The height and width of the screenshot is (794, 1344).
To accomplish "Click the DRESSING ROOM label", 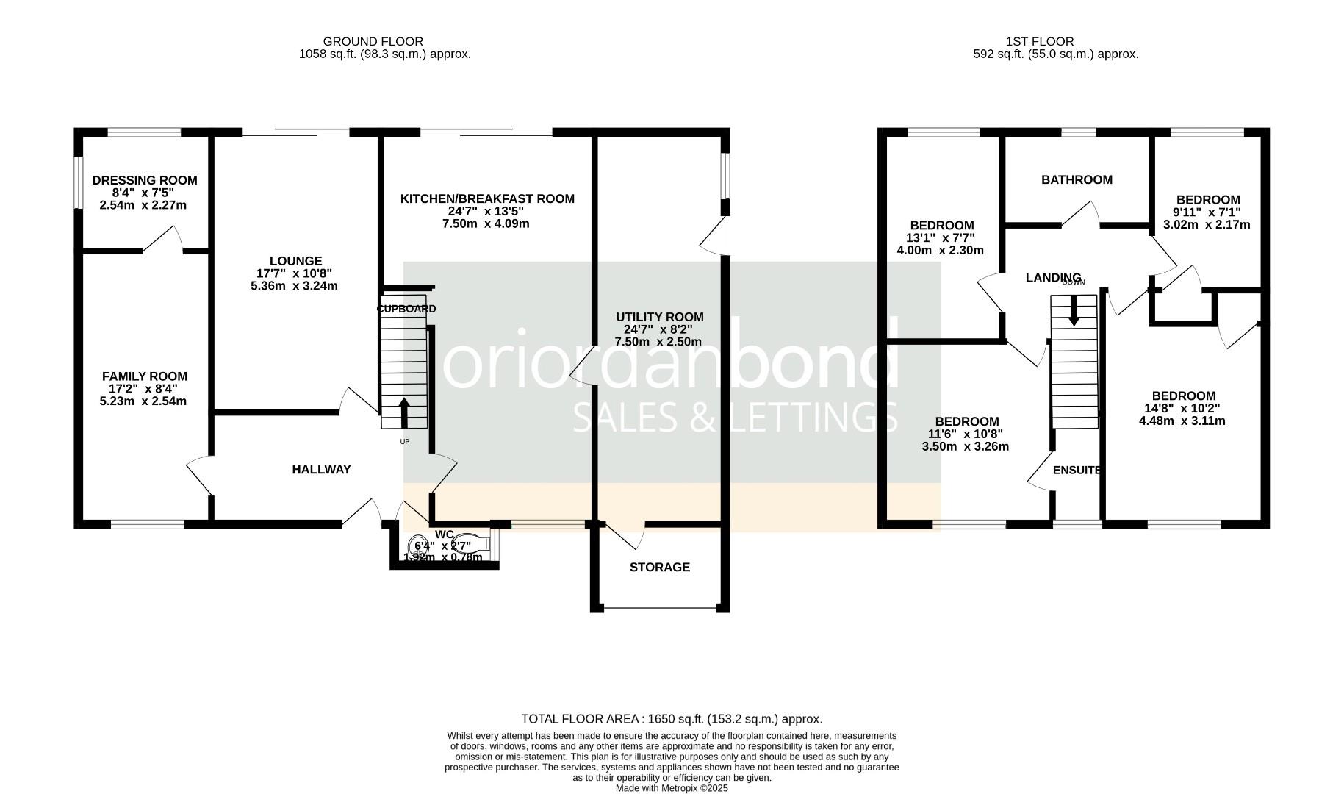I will coord(145,180).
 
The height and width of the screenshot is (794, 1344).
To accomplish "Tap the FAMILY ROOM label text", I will coord(145,376).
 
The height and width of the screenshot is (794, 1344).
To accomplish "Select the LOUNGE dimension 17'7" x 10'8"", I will coord(294,273).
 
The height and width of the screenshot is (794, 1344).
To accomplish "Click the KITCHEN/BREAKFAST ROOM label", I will coord(487,198).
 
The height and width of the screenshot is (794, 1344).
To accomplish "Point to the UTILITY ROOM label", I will coord(659,317).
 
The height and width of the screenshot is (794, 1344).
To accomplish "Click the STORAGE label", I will coord(659,567).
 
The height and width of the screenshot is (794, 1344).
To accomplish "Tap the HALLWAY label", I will coord(321,469).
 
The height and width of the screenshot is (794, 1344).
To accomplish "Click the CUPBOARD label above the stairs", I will coord(406,309).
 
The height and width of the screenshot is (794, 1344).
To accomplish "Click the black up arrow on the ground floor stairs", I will coord(403,412).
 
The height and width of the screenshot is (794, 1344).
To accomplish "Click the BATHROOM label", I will coord(1077,179).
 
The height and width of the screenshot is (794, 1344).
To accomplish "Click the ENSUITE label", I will coord(1077,470).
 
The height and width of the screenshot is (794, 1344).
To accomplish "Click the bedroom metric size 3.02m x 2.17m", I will coord(1207,225).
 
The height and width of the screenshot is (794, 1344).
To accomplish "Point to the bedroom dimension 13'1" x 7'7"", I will coord(940,237).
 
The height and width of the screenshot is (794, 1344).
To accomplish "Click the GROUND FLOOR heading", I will coord(373,42).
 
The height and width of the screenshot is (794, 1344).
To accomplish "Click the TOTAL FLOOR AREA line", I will coord(671,719).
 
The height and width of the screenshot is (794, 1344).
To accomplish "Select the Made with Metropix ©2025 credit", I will coord(671,787).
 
